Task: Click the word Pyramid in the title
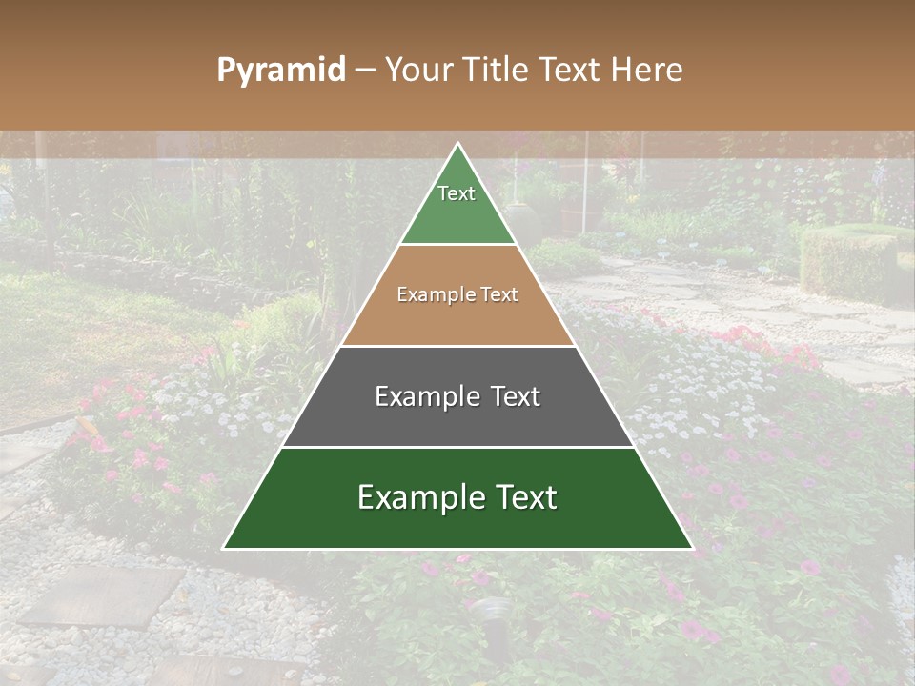280,71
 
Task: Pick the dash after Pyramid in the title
364,71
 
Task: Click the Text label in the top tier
457,193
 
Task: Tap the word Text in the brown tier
499,295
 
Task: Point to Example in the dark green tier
417,497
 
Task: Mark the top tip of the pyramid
457,144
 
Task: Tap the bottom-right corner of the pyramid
691,548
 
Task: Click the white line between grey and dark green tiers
457,447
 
